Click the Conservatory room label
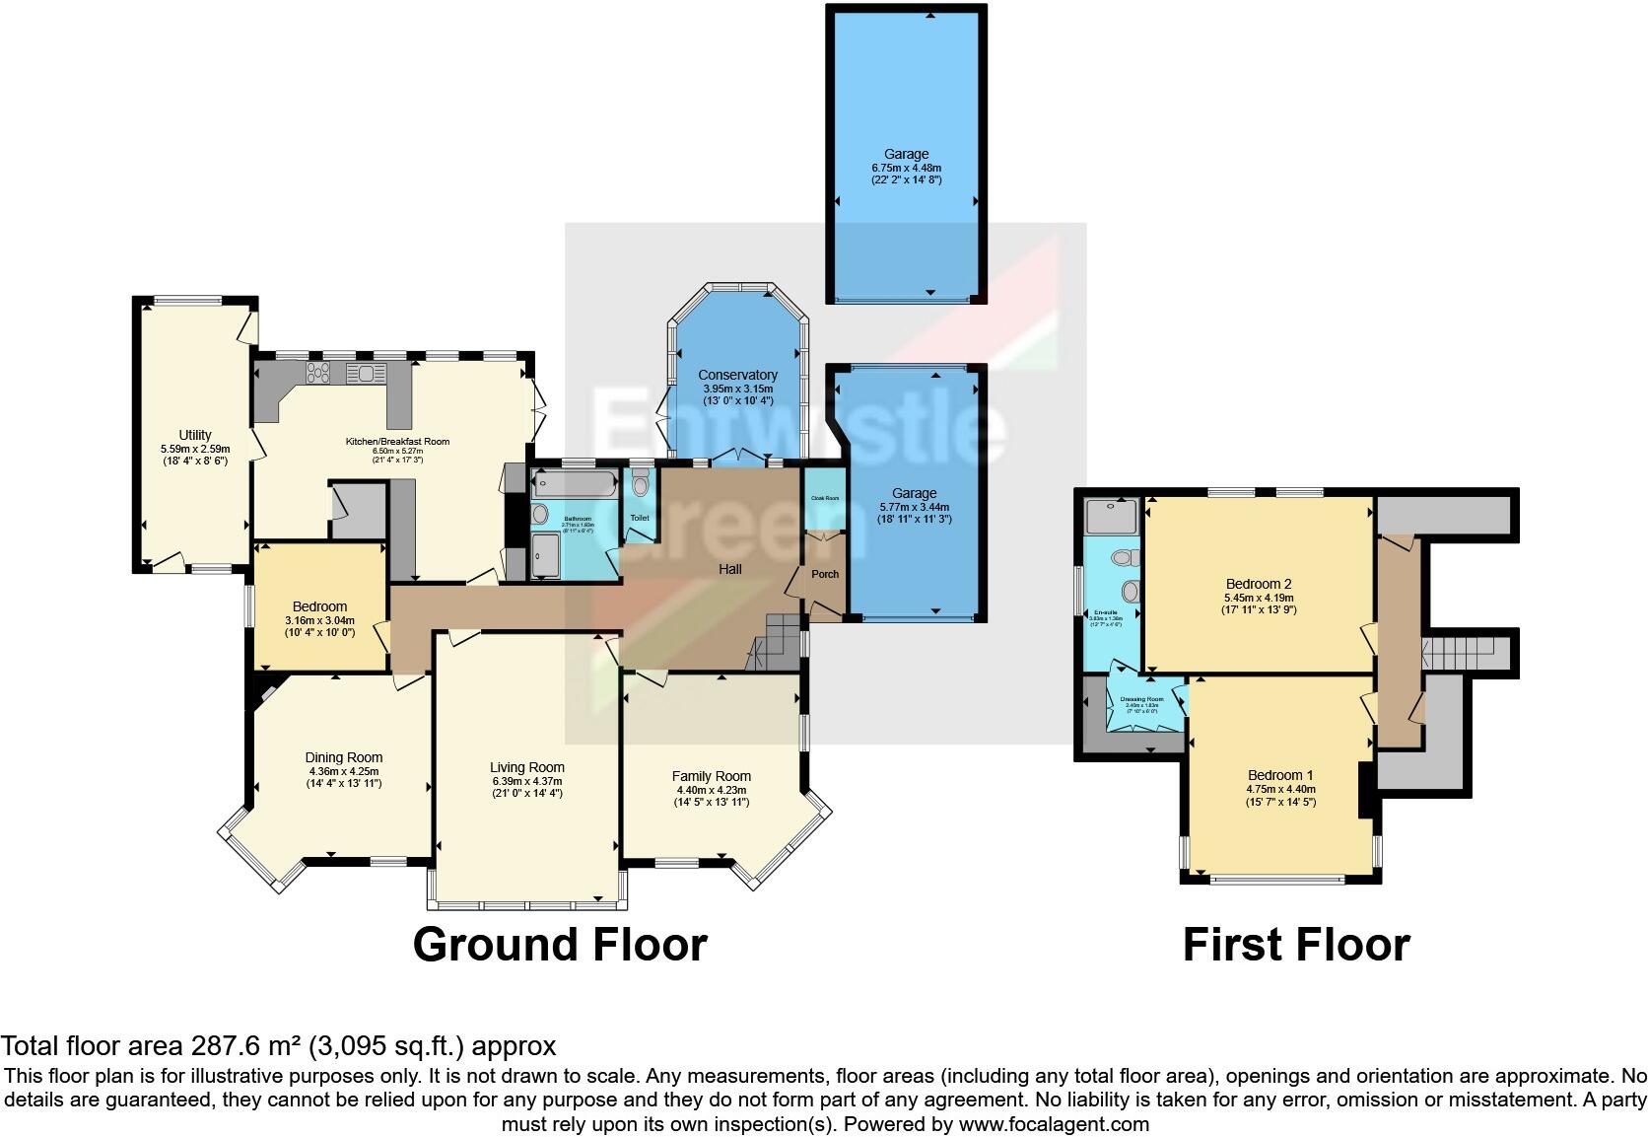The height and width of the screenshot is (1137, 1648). click(x=737, y=375)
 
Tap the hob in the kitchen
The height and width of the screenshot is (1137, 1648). click(x=319, y=373)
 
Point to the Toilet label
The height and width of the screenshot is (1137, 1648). click(x=640, y=518)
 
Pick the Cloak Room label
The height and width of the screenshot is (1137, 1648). click(x=825, y=498)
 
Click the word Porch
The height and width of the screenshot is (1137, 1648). click(x=825, y=574)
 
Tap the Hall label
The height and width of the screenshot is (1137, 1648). click(x=729, y=569)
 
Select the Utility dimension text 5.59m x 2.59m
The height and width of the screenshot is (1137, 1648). click(x=195, y=449)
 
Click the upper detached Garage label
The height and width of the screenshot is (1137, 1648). click(x=906, y=154)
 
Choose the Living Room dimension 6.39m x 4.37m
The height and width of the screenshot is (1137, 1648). click(x=527, y=781)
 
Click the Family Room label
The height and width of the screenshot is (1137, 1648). click(x=712, y=776)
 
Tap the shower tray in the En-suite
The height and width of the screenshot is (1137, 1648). click(x=1111, y=516)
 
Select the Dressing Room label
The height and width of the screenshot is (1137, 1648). click(x=1141, y=699)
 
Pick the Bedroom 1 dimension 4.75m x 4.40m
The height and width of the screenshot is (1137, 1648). click(x=1280, y=789)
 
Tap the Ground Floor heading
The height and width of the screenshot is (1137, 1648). click(x=560, y=945)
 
